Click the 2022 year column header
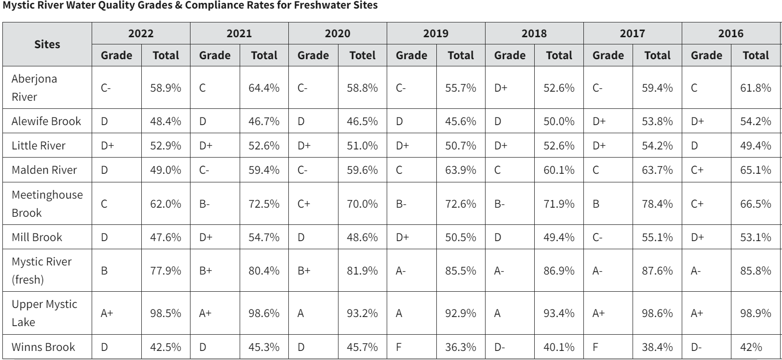tap(141, 33)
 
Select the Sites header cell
tap(47, 44)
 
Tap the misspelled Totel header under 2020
tap(362, 55)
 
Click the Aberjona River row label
tap(34, 87)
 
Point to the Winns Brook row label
tap(43, 347)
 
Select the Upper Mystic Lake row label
tap(44, 313)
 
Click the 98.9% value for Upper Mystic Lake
tap(756, 313)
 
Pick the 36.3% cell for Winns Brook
tap(461, 347)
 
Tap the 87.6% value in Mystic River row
tap(657, 271)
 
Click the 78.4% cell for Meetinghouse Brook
tap(657, 204)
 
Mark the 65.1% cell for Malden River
tap(756, 170)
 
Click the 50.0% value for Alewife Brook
tap(559, 121)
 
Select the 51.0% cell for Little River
tap(362, 146)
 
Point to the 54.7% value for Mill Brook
tap(264, 237)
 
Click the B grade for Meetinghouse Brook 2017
tap(596, 204)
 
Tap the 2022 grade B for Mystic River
tap(104, 271)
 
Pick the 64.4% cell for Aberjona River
tap(264, 88)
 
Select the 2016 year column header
tap(731, 33)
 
